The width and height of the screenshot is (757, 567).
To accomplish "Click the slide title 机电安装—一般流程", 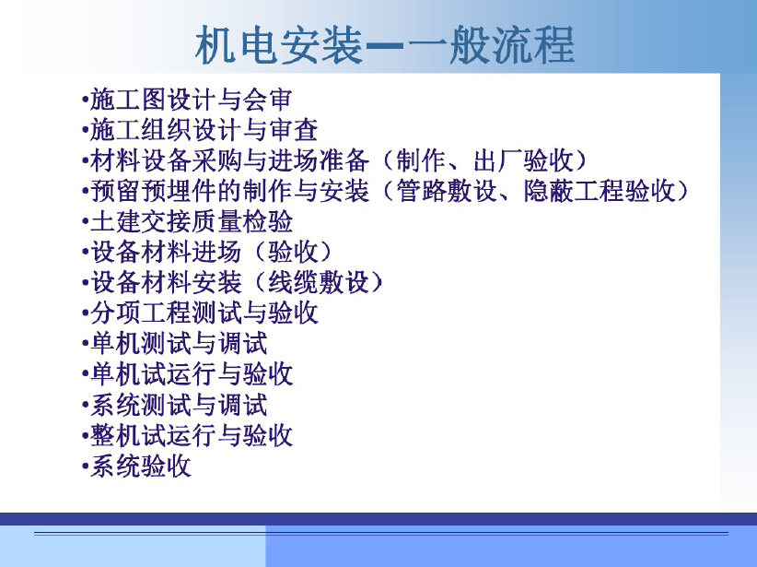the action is pos(385,46).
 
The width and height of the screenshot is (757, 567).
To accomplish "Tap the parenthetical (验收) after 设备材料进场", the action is pos(293,252).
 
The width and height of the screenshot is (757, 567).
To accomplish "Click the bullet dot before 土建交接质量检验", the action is pos(85,223).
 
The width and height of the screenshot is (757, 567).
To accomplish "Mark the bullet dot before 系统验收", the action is pos(85,467).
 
